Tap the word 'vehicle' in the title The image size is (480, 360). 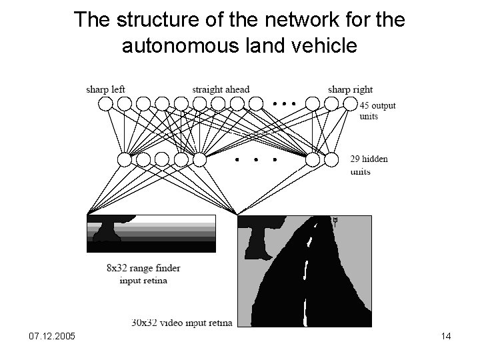[323, 46]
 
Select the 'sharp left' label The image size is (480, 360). [105, 89]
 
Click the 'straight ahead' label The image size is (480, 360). [221, 89]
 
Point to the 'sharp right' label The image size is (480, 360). [350, 89]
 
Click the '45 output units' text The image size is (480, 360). [377, 111]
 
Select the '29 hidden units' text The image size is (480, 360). [369, 165]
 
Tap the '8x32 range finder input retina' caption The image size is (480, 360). [143, 274]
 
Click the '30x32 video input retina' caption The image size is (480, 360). [182, 323]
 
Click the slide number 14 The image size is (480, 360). [446, 336]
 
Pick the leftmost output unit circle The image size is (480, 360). [106, 103]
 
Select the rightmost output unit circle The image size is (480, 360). [351, 103]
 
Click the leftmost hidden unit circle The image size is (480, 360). [125, 159]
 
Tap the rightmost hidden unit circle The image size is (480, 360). [331, 159]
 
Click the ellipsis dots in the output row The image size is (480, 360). [284, 104]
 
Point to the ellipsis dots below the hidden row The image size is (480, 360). [256, 161]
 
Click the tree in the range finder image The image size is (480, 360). [106, 229]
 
